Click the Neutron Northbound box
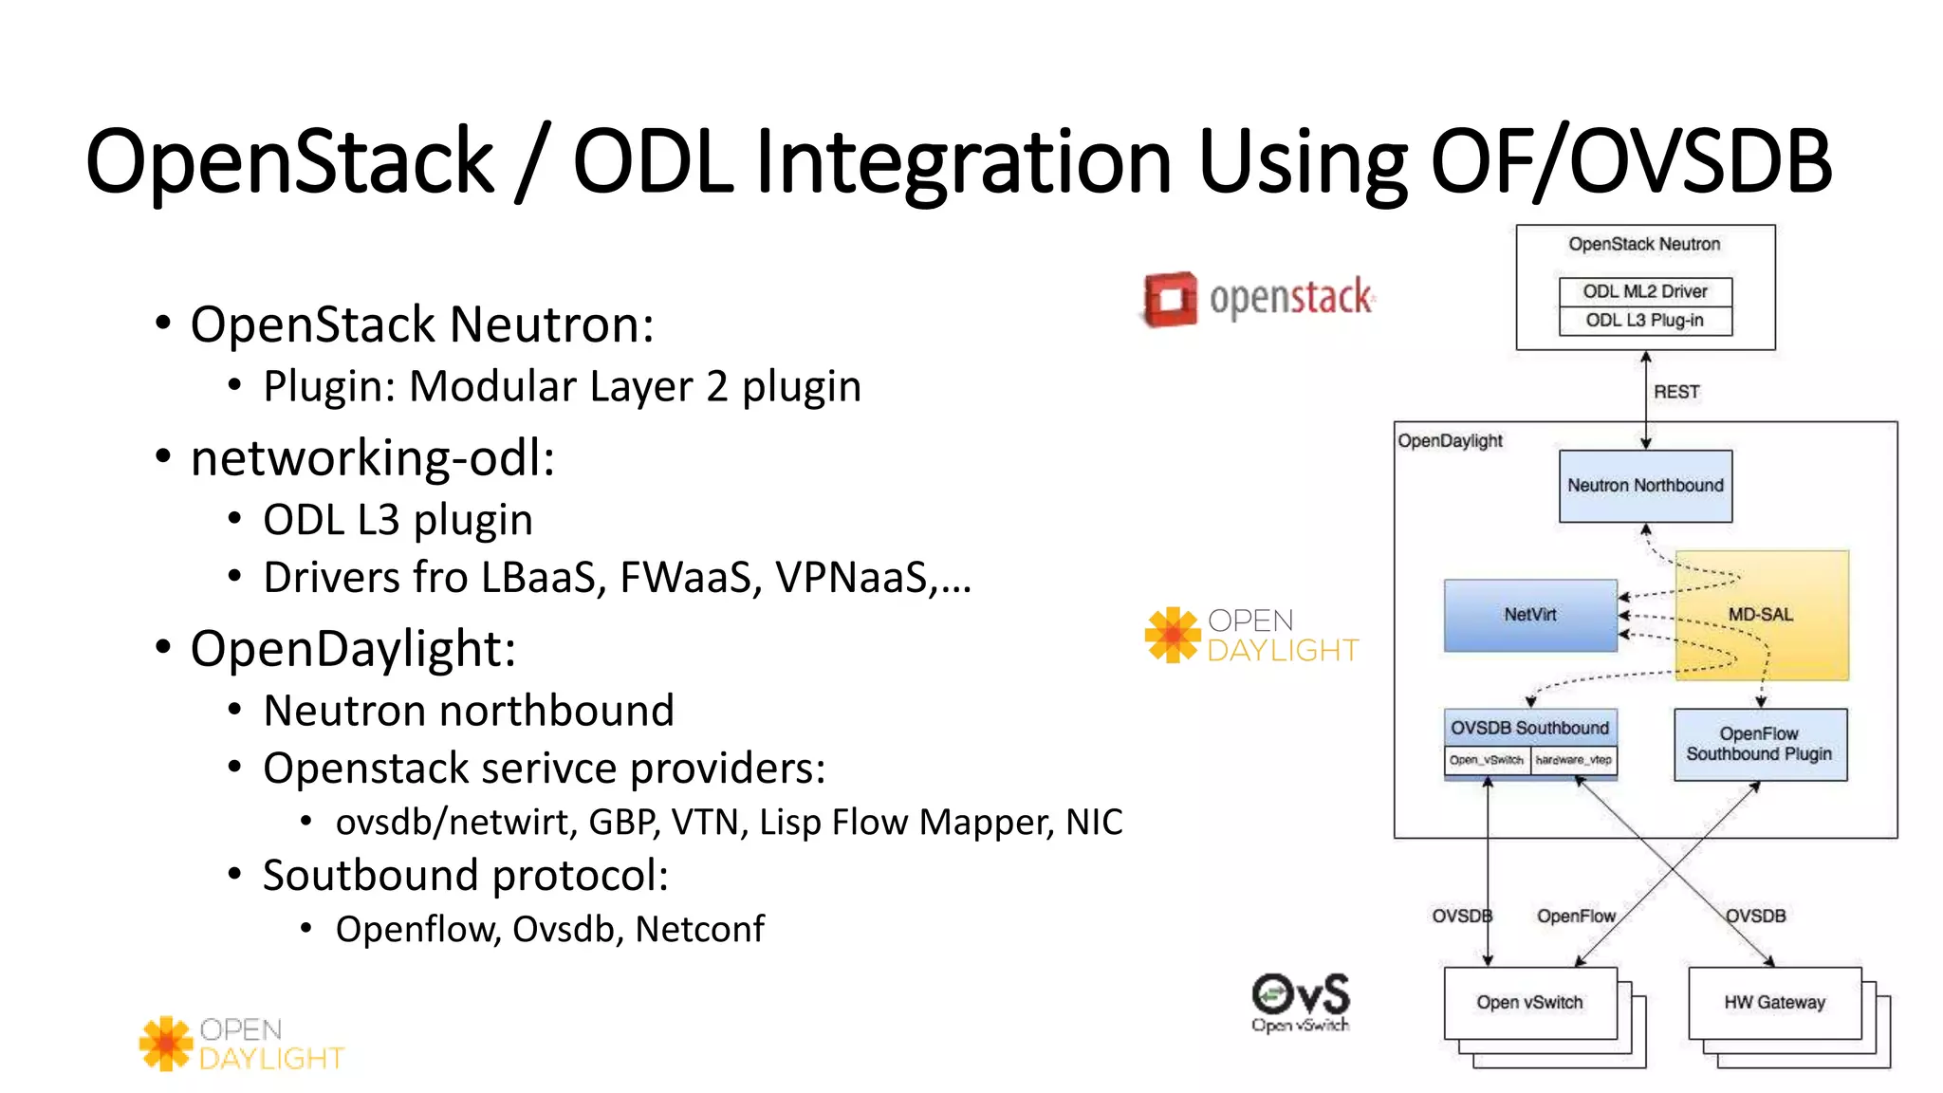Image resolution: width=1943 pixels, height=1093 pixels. point(1645,486)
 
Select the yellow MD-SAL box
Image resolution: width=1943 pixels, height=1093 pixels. point(1761,615)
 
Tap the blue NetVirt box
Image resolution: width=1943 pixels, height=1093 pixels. point(1529,615)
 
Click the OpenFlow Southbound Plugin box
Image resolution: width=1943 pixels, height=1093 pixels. point(1759,744)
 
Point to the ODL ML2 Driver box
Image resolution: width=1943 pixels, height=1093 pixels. point(1645,291)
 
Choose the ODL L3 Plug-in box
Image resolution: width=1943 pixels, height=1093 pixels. point(1645,321)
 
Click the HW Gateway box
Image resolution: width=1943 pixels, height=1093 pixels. point(1774,1002)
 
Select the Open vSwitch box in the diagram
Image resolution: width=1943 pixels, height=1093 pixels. point(1529,1002)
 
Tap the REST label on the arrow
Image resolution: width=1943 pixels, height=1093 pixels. point(1676,392)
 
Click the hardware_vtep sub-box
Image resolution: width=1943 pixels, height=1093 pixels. point(1573,760)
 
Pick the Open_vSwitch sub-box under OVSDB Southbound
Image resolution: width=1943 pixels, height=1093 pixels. point(1486,760)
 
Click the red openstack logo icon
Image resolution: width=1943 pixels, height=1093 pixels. point(1170,299)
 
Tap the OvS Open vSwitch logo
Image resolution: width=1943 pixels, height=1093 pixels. point(1300,1002)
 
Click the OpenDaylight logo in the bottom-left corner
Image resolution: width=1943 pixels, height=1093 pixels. point(242,1044)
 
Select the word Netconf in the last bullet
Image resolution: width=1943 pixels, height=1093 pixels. point(699,929)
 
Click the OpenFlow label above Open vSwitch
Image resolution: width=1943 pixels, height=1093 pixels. point(1576,916)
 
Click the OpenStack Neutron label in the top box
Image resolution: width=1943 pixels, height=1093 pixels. point(1644,244)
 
